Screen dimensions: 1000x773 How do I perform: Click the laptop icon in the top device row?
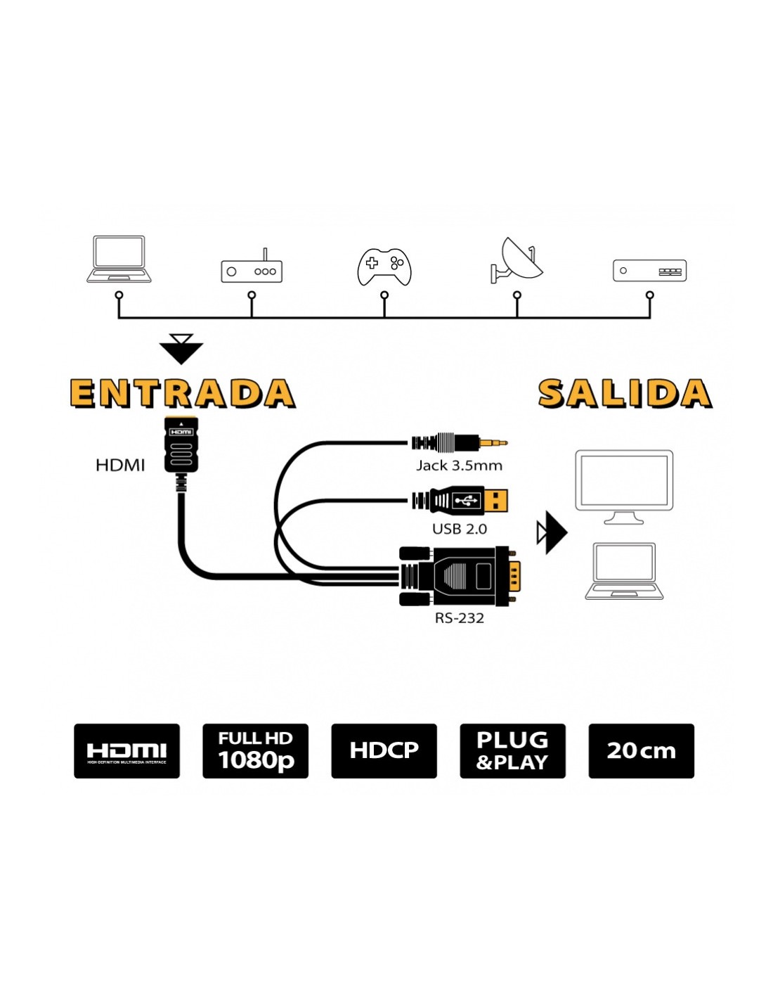[x=119, y=259]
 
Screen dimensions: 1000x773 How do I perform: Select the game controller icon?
[x=384, y=267]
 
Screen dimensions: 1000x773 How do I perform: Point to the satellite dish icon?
[x=517, y=260]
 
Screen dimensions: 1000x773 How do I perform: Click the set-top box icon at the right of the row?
[x=649, y=271]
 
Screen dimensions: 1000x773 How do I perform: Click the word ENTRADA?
[x=182, y=393]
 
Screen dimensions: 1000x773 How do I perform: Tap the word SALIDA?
[x=625, y=393]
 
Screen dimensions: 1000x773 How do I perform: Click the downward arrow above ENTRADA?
[x=181, y=349]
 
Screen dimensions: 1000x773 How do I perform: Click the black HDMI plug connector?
[x=181, y=444]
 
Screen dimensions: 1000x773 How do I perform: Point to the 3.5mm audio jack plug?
[x=459, y=442]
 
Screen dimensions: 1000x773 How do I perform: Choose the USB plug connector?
[x=462, y=501]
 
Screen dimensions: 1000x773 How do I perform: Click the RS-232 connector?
[x=460, y=576]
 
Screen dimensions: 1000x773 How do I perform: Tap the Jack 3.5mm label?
[x=459, y=466]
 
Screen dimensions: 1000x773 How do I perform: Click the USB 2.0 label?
[x=459, y=529]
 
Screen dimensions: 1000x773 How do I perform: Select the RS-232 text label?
[x=459, y=618]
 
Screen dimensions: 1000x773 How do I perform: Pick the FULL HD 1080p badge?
[x=255, y=750]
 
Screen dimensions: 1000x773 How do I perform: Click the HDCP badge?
[x=384, y=750]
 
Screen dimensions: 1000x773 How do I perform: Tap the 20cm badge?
[x=641, y=750]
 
